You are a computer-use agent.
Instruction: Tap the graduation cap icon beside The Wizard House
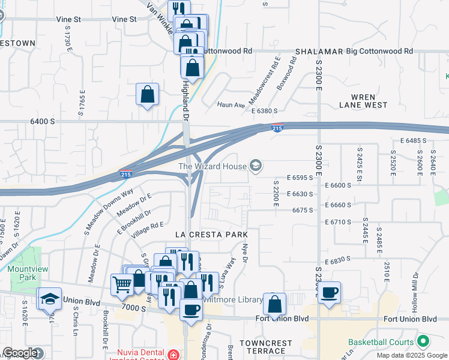[256, 166]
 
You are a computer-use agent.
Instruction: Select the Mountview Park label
[23, 274]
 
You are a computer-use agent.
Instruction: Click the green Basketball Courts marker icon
[423, 341]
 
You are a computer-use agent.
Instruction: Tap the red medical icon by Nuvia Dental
[173, 355]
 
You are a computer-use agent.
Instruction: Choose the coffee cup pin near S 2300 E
[329, 292]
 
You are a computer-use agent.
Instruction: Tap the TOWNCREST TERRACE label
[265, 347]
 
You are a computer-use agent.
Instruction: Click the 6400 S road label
[43, 121]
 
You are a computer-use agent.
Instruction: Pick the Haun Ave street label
[231, 104]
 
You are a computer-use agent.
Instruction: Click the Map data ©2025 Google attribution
[412, 355]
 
